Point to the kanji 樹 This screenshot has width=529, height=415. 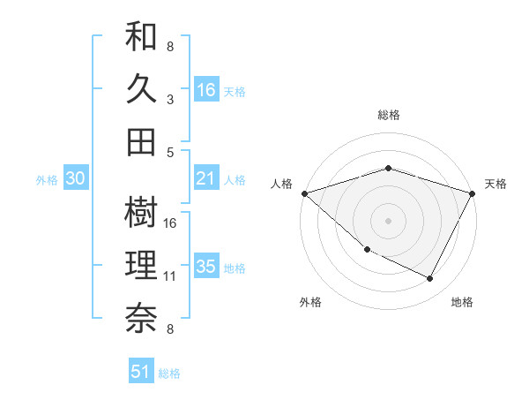click(142, 212)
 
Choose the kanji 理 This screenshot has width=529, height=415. click(142, 264)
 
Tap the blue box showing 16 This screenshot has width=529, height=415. click(206, 90)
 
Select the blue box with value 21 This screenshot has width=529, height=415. click(206, 179)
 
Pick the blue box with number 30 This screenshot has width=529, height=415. click(76, 179)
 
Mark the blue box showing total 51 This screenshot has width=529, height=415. click(141, 372)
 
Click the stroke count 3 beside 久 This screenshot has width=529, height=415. click(169, 99)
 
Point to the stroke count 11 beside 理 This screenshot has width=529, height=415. click(170, 276)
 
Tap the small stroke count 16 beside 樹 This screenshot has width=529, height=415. click(170, 223)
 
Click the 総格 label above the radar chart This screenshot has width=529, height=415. click(389, 116)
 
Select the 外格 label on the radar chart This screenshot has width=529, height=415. click(310, 302)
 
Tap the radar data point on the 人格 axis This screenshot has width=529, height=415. click(304, 193)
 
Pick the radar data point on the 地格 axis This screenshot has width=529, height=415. click(430, 279)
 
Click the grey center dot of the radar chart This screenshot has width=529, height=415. click(389, 220)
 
